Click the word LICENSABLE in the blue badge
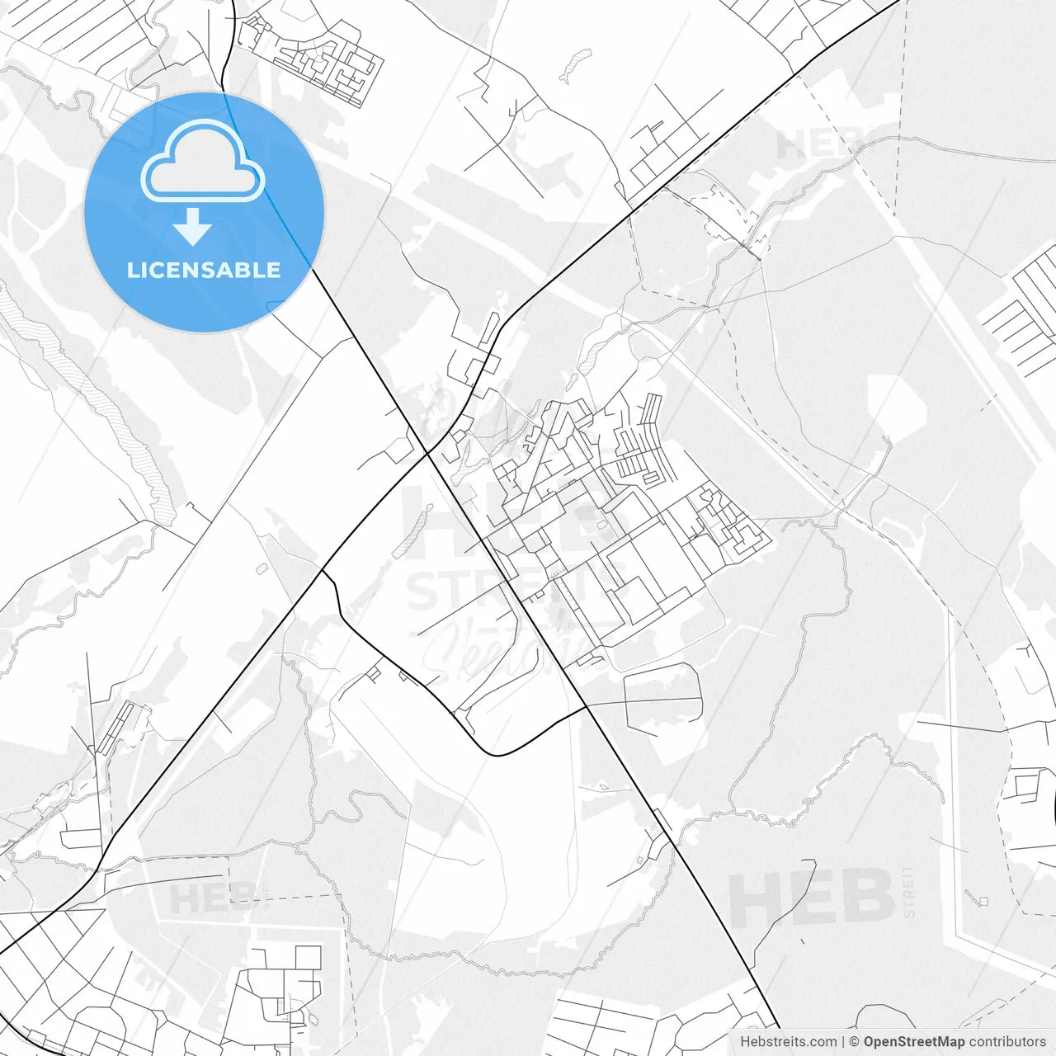pos(204,270)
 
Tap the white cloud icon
pos(203,162)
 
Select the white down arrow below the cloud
pos(193,226)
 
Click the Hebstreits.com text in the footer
pos(788,1042)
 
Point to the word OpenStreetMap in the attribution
pos(912,1042)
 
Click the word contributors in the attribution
pos(1007,1042)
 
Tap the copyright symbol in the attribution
pos(854,1042)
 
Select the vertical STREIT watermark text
pos(909,891)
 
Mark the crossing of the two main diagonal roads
pos(427,452)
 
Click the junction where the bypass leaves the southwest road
pos(323,570)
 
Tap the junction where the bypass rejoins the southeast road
pos(586,706)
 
